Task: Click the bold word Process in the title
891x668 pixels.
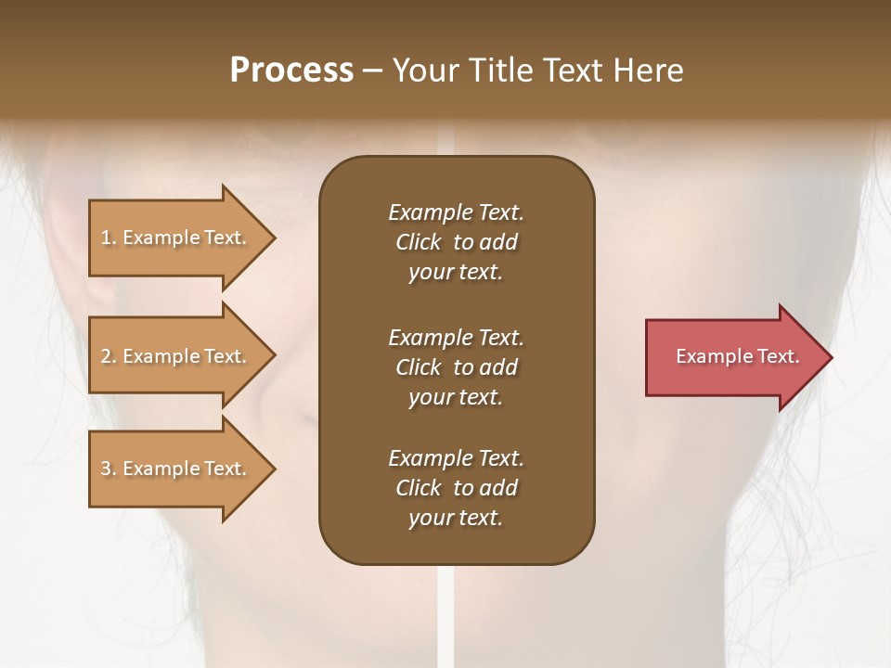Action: pyautogui.click(x=291, y=71)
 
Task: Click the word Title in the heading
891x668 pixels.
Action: pyautogui.click(x=498, y=71)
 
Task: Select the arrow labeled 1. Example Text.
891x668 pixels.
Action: pyautogui.click(x=176, y=238)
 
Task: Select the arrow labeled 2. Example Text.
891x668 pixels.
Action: pyautogui.click(x=176, y=356)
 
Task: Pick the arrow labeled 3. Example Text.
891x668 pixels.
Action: pyautogui.click(x=176, y=469)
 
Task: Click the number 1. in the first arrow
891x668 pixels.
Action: pyautogui.click(x=109, y=238)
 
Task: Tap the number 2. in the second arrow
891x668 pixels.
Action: pyautogui.click(x=109, y=356)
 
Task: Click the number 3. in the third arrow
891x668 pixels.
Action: pyautogui.click(x=109, y=469)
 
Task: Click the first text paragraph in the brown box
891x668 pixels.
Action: pyautogui.click(x=456, y=242)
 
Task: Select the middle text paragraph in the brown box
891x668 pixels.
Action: pyautogui.click(x=456, y=367)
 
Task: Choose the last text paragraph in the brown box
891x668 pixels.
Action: pyautogui.click(x=456, y=488)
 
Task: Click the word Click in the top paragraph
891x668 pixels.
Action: pyautogui.click(x=419, y=242)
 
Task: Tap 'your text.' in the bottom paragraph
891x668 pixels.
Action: pyautogui.click(x=456, y=518)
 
